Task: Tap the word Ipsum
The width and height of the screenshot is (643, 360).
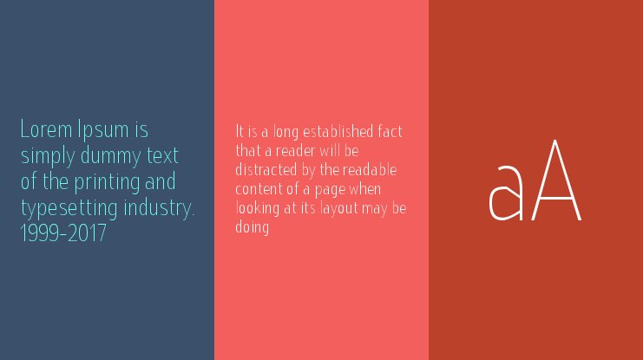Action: pos(103,131)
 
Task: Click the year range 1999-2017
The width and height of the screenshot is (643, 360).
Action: pos(63,234)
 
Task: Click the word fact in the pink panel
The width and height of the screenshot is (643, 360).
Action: pos(390,132)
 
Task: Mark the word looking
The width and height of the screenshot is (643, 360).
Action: pos(258,209)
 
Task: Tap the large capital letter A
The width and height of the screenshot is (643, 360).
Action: pos(556,180)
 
